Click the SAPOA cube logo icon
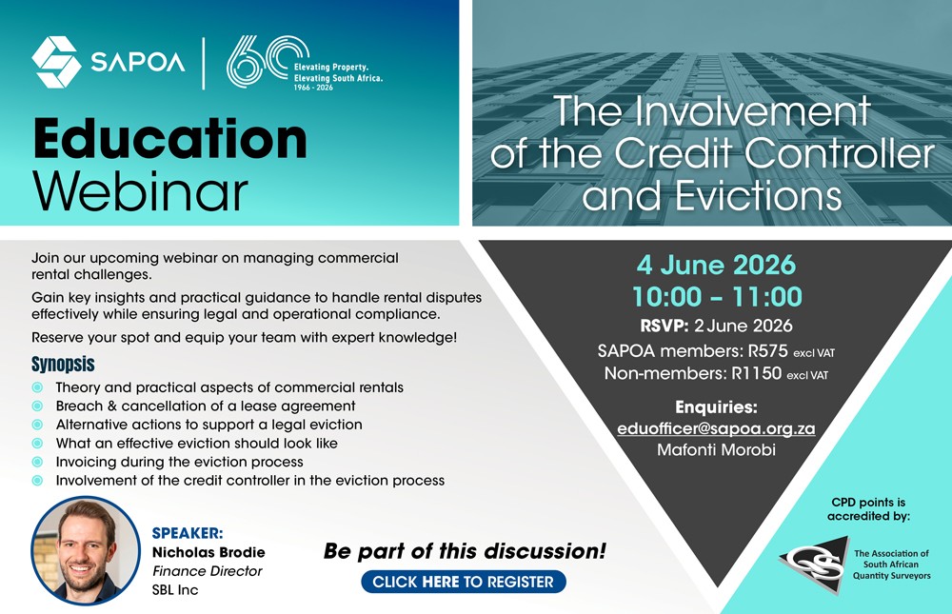click(56, 62)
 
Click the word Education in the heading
click(170, 139)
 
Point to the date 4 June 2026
click(716, 265)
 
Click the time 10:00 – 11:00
click(717, 297)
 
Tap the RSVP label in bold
click(664, 326)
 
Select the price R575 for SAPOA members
click(767, 350)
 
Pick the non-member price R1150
click(756, 373)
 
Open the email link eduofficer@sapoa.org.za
click(716, 428)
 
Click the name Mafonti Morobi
click(717, 450)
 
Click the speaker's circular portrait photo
click(86, 550)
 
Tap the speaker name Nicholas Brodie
click(208, 552)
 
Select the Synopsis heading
click(63, 364)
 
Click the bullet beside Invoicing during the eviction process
click(38, 462)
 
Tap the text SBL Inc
click(175, 589)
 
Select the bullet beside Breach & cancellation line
click(38, 406)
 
